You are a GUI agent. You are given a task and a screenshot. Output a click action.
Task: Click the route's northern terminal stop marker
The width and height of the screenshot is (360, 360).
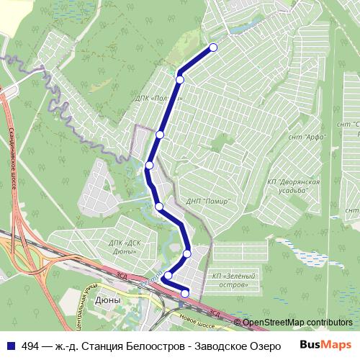click(x=212, y=48)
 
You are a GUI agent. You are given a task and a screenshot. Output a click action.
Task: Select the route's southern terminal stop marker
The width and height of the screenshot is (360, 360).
click(x=185, y=292)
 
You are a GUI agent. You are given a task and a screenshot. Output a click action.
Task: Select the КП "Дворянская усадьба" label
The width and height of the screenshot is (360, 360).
click(x=294, y=187)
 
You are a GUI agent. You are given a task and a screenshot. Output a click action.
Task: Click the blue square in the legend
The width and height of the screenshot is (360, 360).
click(x=9, y=345)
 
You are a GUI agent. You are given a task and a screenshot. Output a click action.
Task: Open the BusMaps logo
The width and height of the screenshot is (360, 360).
click(x=325, y=344)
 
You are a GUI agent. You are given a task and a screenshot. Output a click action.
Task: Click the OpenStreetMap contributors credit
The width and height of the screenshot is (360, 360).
click(x=297, y=322)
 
